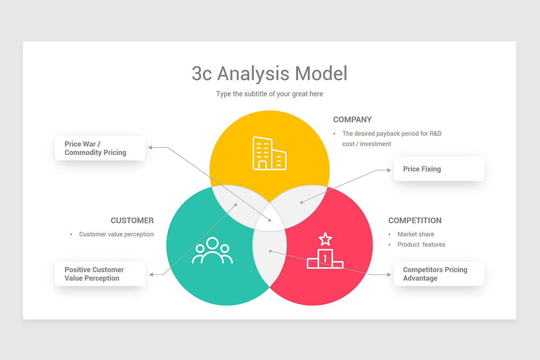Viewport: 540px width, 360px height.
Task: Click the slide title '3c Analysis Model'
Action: pyautogui.click(x=270, y=73)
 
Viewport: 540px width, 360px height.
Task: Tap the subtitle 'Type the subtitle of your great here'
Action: pyautogui.click(x=270, y=94)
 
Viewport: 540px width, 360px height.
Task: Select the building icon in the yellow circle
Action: pyautogui.click(x=269, y=153)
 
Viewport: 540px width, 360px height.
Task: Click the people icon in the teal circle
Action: pyautogui.click(x=212, y=251)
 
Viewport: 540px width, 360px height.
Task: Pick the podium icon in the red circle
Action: pyautogui.click(x=325, y=259)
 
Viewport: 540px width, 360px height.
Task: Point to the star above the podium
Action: pyautogui.click(x=325, y=239)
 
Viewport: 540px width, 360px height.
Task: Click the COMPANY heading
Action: pyautogui.click(x=352, y=120)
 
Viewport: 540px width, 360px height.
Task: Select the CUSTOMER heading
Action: pyautogui.click(x=132, y=220)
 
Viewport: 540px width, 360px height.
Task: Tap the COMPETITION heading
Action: pyautogui.click(x=415, y=220)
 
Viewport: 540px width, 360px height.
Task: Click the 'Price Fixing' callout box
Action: pyautogui.click(x=439, y=169)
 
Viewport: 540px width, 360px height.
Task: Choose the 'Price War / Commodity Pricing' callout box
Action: pyautogui.click(x=100, y=148)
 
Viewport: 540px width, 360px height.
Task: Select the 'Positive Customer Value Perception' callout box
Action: pyautogui.click(x=100, y=274)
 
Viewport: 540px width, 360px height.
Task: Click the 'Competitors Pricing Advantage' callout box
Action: pyautogui.click(x=439, y=274)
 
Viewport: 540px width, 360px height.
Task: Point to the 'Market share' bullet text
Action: pyautogui.click(x=416, y=234)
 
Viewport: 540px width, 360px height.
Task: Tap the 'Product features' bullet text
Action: pyautogui.click(x=421, y=244)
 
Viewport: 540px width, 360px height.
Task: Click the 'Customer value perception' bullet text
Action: pyautogui.click(x=116, y=234)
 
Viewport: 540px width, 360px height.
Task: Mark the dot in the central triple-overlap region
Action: pyautogui.click(x=270, y=220)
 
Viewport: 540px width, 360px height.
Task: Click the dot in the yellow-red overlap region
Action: pyautogui.click(x=301, y=202)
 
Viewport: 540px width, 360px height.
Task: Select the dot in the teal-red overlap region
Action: pyautogui.click(x=270, y=251)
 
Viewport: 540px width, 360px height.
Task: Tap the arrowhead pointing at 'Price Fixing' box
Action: pyautogui.click(x=389, y=170)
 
